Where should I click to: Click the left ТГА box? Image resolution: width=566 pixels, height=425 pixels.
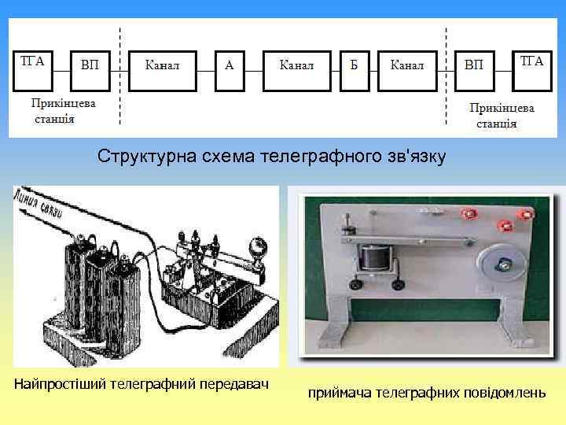point(32,63)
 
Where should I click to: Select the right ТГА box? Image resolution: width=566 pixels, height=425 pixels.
point(532,63)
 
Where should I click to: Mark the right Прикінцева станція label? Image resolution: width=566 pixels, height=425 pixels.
point(502,115)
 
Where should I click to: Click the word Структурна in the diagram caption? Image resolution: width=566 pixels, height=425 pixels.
point(138,157)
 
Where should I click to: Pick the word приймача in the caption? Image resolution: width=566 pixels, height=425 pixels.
point(336,391)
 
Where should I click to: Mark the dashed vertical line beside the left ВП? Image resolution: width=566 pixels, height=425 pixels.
point(119,75)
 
